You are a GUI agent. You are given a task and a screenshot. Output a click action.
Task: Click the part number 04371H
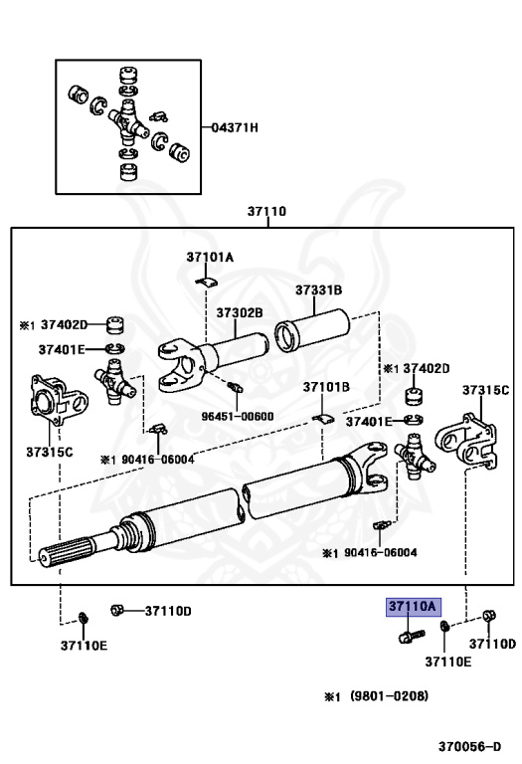tap(235, 127)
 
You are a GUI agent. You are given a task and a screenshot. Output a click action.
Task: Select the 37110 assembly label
tap(266, 212)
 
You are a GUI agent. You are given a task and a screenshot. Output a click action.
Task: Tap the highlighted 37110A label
tap(414, 607)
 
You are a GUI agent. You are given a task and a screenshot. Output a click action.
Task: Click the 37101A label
tap(210, 257)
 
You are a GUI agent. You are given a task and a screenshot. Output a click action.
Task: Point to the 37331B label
tap(319, 289)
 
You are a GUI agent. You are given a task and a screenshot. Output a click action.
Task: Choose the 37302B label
tap(240, 312)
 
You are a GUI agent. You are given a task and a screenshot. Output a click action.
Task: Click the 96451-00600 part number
tap(238, 417)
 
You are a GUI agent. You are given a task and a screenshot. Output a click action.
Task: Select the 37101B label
tap(326, 387)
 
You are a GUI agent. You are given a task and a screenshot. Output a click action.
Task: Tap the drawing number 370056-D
tap(469, 746)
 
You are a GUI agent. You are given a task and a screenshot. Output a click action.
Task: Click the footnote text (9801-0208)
tap(390, 695)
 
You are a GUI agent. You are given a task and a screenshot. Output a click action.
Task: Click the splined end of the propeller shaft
tap(66, 552)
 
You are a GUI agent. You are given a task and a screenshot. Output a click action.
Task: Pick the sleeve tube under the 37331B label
tap(312, 330)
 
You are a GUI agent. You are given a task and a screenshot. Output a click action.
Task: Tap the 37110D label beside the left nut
tap(168, 611)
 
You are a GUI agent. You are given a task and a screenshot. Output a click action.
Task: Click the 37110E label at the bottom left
tap(84, 646)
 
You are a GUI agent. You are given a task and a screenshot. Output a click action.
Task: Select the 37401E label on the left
tap(62, 349)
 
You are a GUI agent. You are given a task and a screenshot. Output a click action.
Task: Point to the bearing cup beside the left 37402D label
tap(115, 325)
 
